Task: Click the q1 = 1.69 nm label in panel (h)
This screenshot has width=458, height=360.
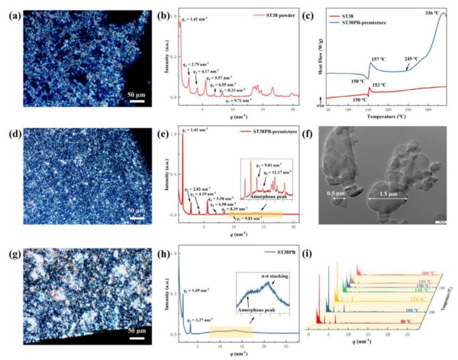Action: click(x=199, y=290)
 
